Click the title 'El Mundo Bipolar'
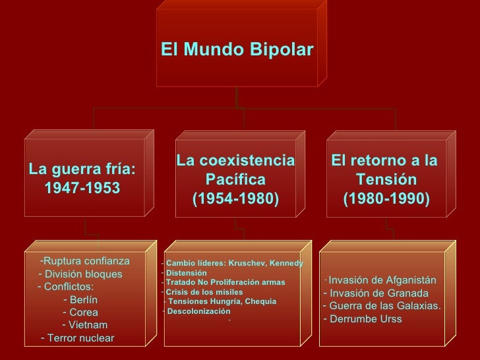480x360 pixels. [237, 51]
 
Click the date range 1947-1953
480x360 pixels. [82, 189]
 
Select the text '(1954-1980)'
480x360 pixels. [235, 198]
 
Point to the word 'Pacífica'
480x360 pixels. [235, 179]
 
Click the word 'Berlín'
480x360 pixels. [84, 299]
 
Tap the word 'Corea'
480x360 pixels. [84, 312]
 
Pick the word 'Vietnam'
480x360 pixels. [88, 325]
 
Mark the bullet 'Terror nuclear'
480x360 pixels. [80, 338]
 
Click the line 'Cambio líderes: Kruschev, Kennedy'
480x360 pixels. [234, 263]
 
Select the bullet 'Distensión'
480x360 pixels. [187, 272]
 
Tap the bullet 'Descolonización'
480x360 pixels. [199, 311]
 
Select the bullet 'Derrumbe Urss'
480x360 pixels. [365, 319]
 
